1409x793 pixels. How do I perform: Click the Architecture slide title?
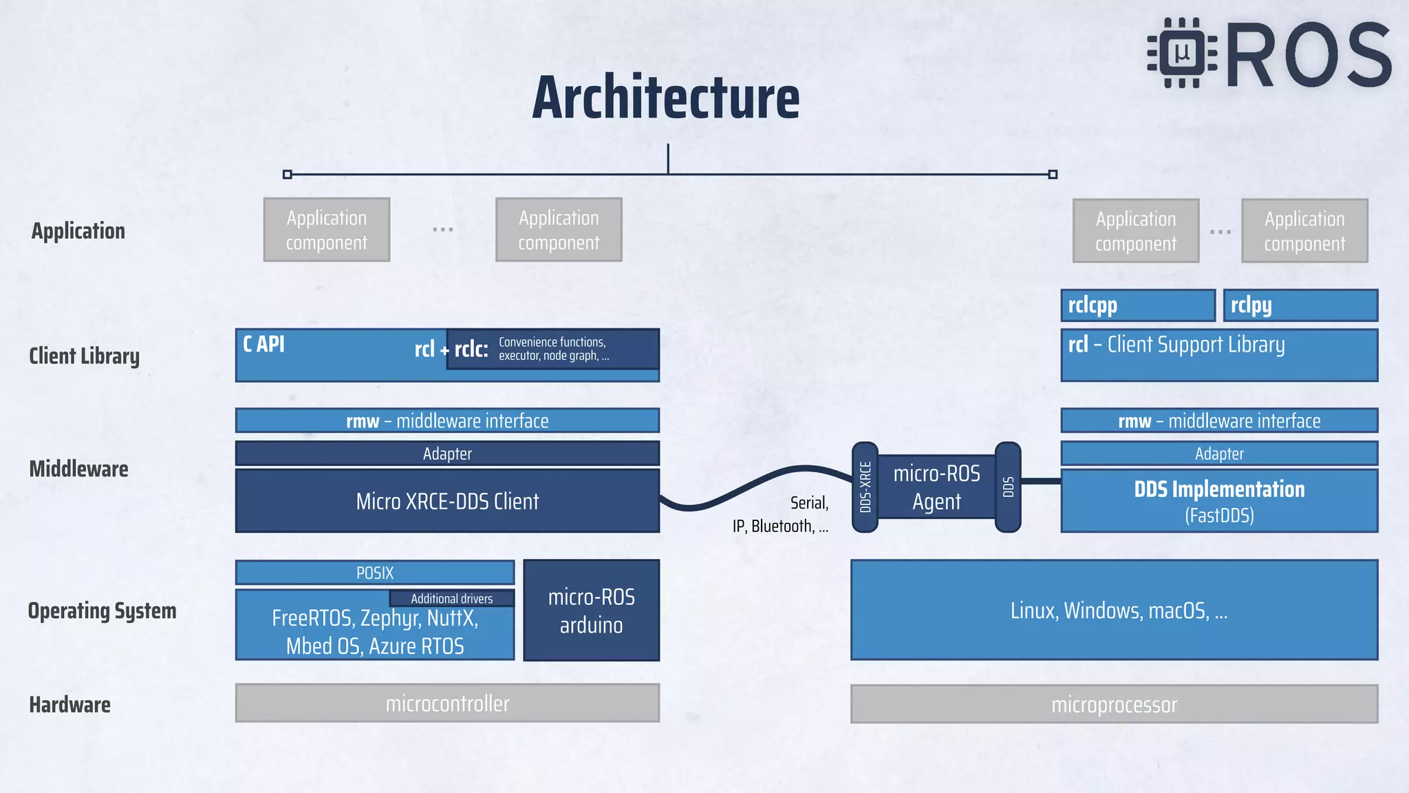point(665,98)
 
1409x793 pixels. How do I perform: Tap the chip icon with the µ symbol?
point(1182,53)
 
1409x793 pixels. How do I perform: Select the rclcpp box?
point(1137,305)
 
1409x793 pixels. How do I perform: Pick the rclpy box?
point(1300,305)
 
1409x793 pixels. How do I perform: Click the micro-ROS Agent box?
point(936,487)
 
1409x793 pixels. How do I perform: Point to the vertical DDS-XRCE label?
point(865,487)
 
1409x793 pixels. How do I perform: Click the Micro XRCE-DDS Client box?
point(447,501)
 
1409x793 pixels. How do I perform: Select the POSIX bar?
point(375,573)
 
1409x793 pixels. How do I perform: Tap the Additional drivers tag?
point(452,598)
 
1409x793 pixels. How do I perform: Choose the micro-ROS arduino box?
point(591,611)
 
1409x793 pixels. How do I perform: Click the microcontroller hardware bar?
point(447,704)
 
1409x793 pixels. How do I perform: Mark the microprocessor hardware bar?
point(1114,704)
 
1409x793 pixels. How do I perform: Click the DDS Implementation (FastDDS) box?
point(1219,501)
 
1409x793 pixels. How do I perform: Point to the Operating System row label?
point(102,611)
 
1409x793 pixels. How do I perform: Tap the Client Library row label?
point(84,356)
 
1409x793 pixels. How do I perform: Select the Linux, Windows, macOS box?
point(1114,611)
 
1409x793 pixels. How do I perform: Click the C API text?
point(263,343)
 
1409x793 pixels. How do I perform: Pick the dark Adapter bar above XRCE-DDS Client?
point(447,454)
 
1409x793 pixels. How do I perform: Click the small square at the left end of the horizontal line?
point(288,175)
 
